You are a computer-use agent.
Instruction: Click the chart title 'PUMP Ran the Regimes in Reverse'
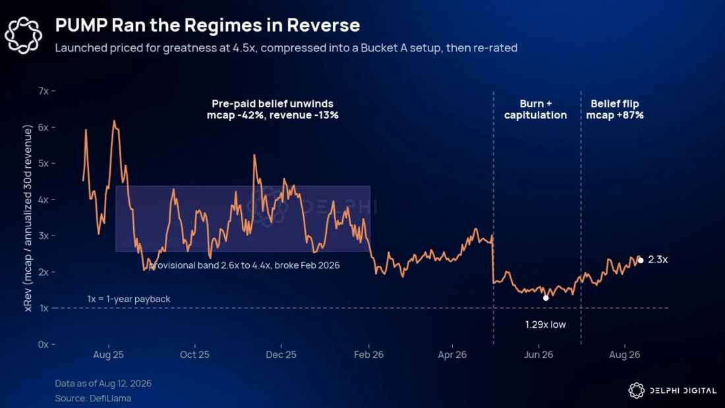tap(208, 26)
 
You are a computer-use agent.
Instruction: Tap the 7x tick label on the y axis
tap(43, 91)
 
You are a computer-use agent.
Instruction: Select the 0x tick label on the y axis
tap(43, 344)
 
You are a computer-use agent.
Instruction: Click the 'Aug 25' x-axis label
tap(108, 355)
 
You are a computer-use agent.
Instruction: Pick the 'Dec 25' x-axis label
tap(281, 355)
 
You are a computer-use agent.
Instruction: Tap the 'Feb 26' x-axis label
tap(368, 355)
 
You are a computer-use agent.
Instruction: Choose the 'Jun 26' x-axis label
tap(538, 355)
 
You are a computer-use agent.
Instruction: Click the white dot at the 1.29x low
tap(546, 298)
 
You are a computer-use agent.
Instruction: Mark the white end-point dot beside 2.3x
tap(641, 261)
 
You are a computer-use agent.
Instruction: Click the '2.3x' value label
tap(658, 260)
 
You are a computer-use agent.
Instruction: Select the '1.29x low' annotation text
tap(546, 324)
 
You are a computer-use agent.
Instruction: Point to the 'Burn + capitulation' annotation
tap(535, 109)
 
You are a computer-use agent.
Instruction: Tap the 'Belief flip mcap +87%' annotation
tap(615, 109)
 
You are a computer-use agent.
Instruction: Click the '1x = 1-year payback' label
tap(129, 299)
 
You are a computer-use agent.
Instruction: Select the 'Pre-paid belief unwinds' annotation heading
tap(272, 104)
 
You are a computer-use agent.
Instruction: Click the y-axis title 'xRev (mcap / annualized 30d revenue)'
tap(28, 218)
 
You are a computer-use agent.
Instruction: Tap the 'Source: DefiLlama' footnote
tap(93, 398)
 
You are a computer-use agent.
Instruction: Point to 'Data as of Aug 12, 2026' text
tap(103, 384)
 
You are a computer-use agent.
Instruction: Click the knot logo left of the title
tap(24, 35)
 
